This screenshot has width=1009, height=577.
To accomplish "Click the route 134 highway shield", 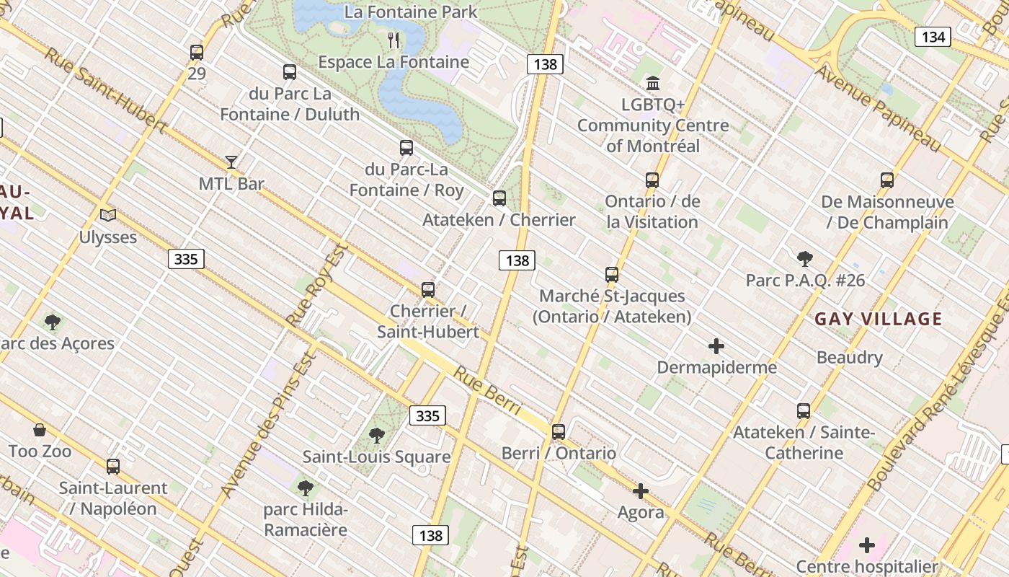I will [x=933, y=37].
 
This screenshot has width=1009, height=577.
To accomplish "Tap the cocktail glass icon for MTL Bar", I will [x=231, y=162].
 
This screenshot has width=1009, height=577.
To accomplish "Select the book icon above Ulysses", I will [x=108, y=215].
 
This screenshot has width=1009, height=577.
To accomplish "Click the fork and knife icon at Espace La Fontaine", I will [x=394, y=40].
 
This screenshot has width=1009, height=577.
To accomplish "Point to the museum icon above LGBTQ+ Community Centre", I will [x=653, y=82].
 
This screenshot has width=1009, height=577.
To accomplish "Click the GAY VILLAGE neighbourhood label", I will [x=878, y=319].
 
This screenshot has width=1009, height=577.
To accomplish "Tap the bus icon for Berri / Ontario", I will [x=559, y=431].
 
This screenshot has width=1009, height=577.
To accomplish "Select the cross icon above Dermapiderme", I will [x=716, y=346].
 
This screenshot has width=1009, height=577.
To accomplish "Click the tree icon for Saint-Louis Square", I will [x=376, y=435].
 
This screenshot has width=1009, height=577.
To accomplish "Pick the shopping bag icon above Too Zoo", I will [x=40, y=430].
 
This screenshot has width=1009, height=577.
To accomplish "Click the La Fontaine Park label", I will [x=411, y=12].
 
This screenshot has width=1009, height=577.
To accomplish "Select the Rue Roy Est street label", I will [x=316, y=286].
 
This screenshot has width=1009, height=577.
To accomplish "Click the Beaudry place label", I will [x=849, y=357].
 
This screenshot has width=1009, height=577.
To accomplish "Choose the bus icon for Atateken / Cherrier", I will [x=499, y=198].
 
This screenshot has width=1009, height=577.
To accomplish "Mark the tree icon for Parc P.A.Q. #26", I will [x=805, y=258].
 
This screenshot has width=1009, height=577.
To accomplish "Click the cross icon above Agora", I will [x=640, y=491].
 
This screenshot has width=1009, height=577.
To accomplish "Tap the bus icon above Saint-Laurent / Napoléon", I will [x=113, y=466].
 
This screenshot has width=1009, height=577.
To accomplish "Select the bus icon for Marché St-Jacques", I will [x=612, y=274].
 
